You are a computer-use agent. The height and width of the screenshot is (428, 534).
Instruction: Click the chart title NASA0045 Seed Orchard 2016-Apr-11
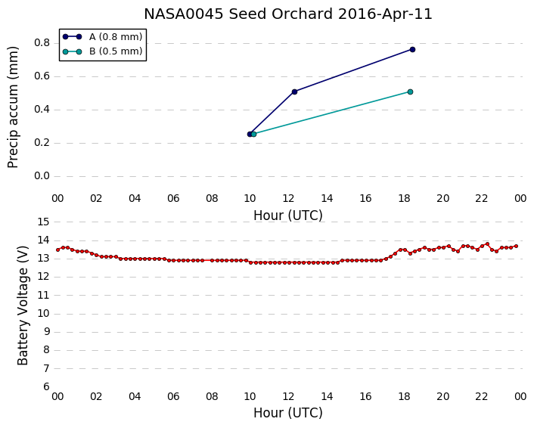288,14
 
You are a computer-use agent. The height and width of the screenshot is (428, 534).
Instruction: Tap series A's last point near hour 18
412,50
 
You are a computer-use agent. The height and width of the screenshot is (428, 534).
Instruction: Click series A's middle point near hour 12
294,92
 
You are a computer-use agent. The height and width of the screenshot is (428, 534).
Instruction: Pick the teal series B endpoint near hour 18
411,92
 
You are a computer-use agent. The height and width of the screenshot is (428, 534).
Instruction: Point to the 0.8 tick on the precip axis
42,43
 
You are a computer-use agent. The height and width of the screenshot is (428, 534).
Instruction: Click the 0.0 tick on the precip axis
42,176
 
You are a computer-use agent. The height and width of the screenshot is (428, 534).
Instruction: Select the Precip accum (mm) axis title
13,107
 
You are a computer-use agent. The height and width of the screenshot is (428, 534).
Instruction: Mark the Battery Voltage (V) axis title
23,305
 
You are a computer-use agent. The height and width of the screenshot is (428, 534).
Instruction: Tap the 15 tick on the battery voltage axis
43,222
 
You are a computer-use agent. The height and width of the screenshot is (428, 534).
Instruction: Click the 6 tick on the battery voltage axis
46,387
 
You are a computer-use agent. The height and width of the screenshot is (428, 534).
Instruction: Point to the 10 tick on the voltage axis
43,314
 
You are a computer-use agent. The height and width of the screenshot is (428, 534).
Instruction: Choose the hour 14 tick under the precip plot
327,199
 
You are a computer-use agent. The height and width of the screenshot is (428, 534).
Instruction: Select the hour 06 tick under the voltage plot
173,397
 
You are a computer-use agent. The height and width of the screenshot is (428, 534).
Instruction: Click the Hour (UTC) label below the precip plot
288,216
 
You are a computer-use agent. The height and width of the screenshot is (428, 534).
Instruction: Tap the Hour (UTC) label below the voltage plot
288,413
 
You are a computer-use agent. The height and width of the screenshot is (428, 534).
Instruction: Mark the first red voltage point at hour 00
58,250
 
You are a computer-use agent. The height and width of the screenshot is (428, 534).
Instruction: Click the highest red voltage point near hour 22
487,243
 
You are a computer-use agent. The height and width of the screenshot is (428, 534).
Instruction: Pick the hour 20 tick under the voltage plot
443,397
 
